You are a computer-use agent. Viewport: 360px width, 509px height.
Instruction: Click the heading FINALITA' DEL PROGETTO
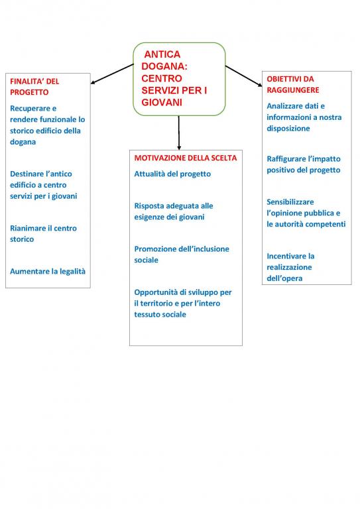click(x=34, y=87)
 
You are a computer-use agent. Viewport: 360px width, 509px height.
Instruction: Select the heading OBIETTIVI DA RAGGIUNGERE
click(x=293, y=84)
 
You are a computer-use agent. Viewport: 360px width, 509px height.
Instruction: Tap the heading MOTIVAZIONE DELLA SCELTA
click(x=186, y=158)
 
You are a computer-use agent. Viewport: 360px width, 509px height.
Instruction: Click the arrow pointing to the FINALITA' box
click(x=112, y=74)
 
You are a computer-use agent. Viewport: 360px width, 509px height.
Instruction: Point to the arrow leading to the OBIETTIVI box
click(x=243, y=76)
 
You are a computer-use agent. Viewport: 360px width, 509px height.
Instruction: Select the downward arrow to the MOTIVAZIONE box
click(x=179, y=133)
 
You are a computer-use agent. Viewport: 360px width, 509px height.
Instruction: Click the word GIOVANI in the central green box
click(x=162, y=102)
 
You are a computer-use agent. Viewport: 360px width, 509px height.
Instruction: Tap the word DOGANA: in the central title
click(x=164, y=66)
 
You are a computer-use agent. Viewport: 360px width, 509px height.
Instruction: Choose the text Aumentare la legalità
click(x=48, y=271)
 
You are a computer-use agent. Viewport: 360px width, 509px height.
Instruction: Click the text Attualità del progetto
click(x=172, y=174)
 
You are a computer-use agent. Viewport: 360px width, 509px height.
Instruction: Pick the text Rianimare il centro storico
click(x=44, y=234)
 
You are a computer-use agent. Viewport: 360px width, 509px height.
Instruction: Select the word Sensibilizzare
click(x=290, y=202)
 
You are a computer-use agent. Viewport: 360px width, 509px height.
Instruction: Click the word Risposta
click(x=149, y=206)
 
